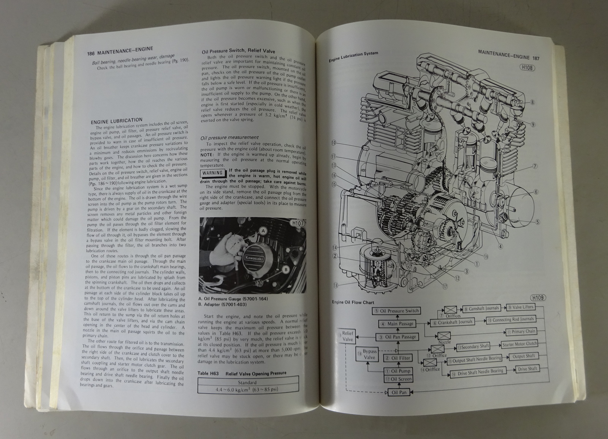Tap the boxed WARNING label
pos(212,172)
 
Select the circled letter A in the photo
pos(263,231)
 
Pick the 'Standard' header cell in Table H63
pos(247,382)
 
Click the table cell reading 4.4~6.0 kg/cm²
pos(247,390)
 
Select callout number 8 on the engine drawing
pos(532,102)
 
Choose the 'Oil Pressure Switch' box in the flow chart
pos(396,311)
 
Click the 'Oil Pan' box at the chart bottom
pos(399,392)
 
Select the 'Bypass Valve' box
pos(369,355)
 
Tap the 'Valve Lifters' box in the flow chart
pos(520,307)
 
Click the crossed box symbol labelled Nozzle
pos(443,336)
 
